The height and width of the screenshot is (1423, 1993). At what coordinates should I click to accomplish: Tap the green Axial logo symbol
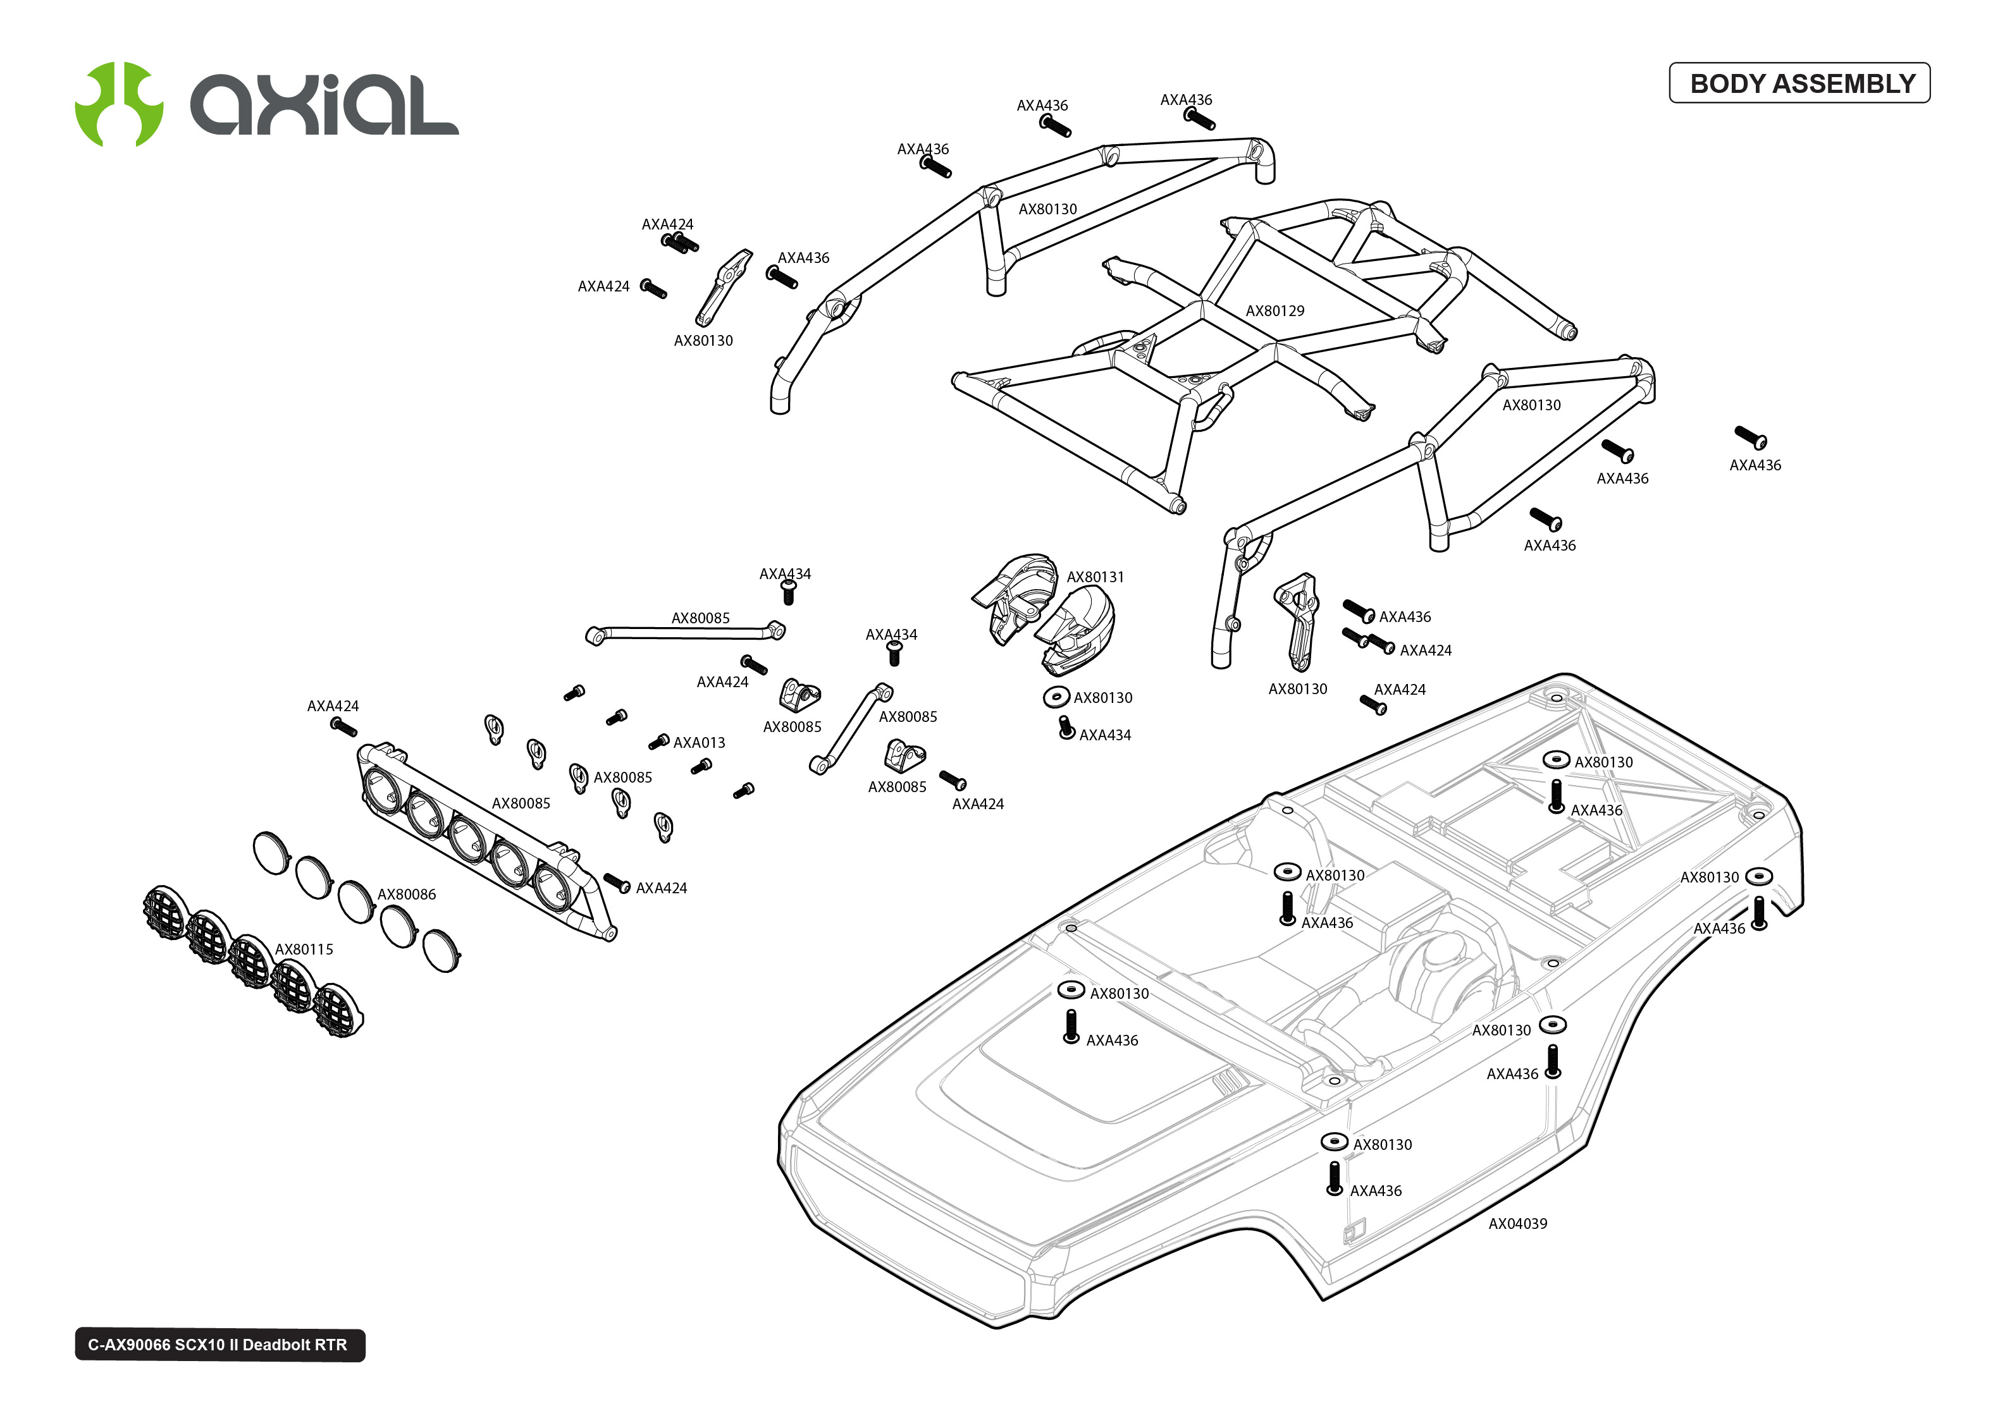(x=118, y=104)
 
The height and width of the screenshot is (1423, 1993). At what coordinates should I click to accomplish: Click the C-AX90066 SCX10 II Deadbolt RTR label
(x=219, y=1345)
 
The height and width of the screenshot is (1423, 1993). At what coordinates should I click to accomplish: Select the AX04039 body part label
(x=1517, y=1223)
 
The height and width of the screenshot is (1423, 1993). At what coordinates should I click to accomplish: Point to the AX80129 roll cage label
(x=1274, y=311)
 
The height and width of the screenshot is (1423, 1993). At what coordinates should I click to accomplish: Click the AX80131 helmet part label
(x=1095, y=577)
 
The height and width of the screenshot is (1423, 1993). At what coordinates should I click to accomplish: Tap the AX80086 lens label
(x=406, y=895)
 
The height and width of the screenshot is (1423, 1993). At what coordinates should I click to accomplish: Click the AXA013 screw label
(x=698, y=743)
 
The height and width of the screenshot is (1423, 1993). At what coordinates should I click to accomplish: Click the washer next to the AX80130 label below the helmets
(x=1056, y=697)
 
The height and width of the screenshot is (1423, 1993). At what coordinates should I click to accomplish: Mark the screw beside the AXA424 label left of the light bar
(x=343, y=726)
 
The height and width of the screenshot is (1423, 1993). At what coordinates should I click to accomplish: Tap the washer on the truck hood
(x=1070, y=989)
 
